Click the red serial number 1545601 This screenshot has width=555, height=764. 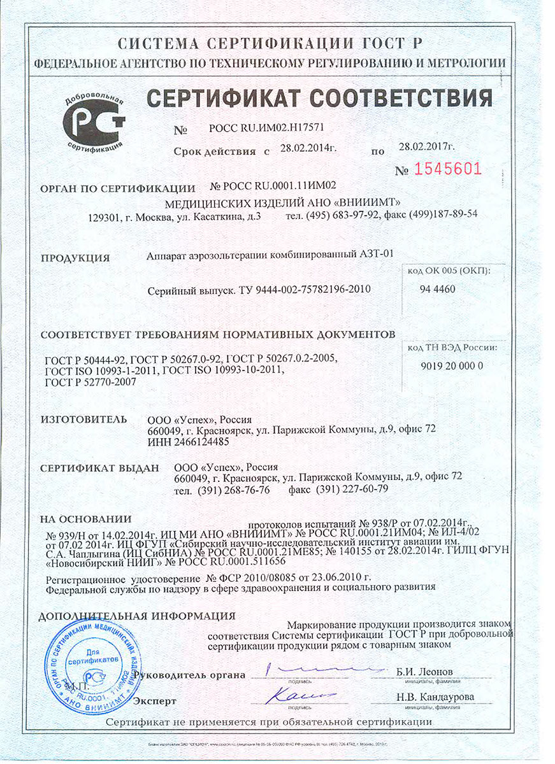[x=447, y=169]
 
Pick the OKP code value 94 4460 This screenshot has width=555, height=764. [x=437, y=288]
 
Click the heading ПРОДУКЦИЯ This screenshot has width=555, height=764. [x=75, y=258]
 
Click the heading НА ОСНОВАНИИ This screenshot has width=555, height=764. [x=85, y=518]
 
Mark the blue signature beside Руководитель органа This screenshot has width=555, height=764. [x=319, y=669]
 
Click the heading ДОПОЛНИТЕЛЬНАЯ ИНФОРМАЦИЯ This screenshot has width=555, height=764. [x=137, y=616]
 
